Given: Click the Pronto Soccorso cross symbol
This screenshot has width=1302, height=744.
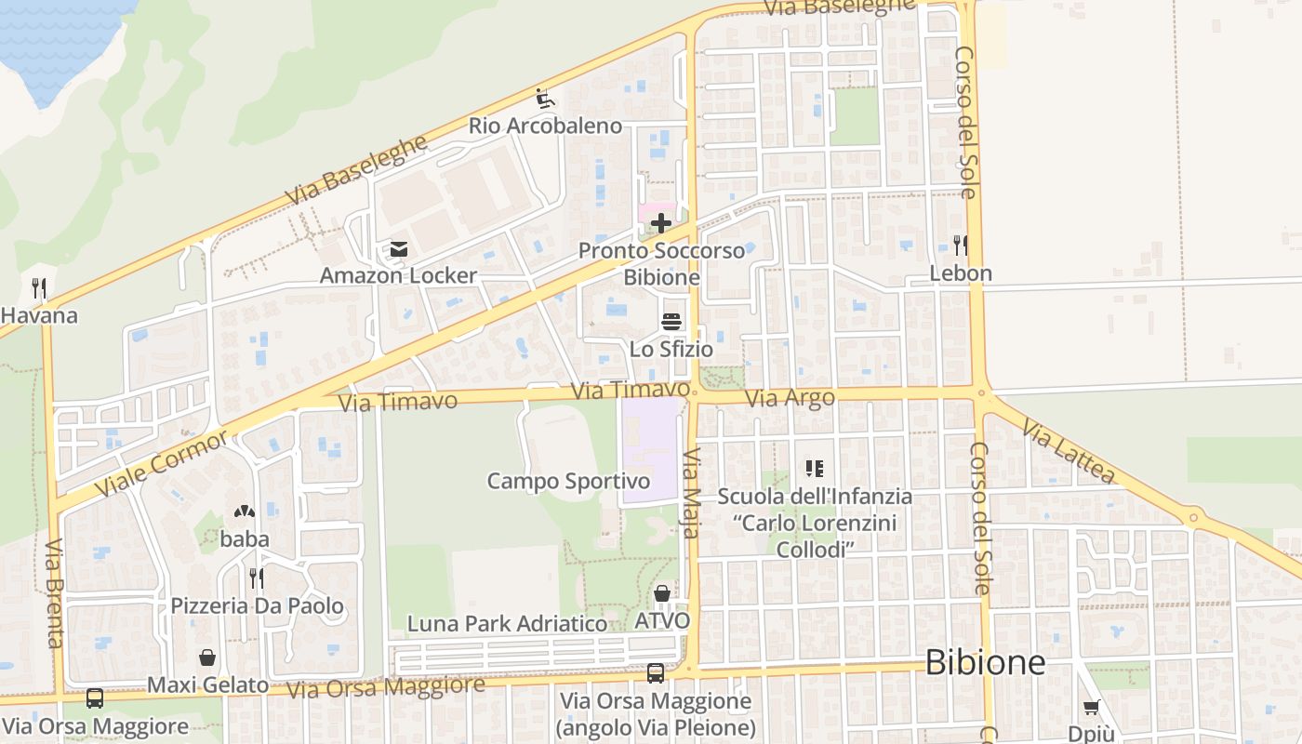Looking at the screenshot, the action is click(660, 223).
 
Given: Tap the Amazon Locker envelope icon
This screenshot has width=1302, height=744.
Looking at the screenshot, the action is click(399, 249).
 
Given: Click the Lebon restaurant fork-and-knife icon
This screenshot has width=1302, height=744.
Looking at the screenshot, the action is click(961, 246).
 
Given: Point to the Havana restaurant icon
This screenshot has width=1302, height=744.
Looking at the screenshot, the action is click(38, 287).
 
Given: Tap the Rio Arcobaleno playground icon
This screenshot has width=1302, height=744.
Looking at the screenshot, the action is click(545, 98).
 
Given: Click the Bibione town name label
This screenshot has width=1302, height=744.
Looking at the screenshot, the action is click(985, 663).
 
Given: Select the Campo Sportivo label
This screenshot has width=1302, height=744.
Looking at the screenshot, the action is click(568, 481).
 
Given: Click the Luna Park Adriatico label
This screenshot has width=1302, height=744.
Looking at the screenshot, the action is click(507, 623).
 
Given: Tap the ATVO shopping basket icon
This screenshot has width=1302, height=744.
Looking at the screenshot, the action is click(662, 593).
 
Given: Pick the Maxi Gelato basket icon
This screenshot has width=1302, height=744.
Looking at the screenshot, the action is click(207, 658).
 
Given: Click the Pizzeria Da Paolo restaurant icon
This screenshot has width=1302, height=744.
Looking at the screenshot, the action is click(257, 578).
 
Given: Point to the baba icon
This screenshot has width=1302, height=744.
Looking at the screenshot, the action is click(245, 512).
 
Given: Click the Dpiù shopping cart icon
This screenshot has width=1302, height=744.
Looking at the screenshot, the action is click(1091, 708).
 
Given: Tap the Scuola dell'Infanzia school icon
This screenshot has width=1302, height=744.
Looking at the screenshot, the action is click(815, 469).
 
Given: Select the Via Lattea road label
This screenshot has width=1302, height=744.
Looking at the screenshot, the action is click(1068, 451).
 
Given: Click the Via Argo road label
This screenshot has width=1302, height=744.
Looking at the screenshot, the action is click(790, 398).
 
